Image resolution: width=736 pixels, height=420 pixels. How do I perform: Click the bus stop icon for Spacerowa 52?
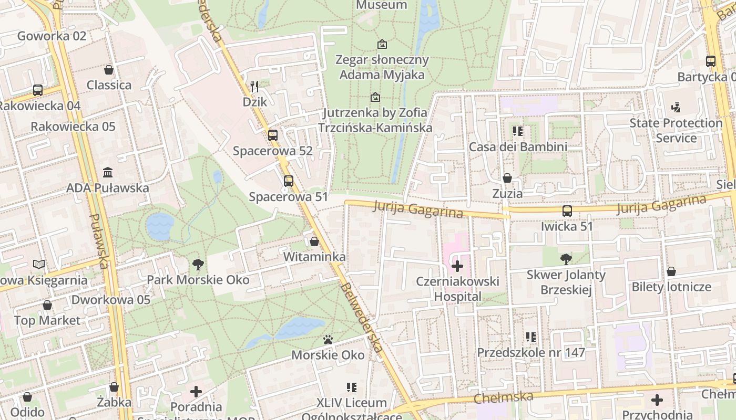pyautogui.click(x=272, y=135)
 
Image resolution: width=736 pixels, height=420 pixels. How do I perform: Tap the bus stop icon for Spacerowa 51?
pyautogui.click(x=288, y=181)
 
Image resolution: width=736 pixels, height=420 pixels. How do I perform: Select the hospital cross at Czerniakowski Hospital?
pyautogui.click(x=457, y=266)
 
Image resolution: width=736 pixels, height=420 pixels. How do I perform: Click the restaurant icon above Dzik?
pyautogui.click(x=254, y=86)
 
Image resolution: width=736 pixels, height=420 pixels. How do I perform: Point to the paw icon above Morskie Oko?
pyautogui.click(x=328, y=340)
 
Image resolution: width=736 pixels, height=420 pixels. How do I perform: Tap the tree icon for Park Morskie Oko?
pyautogui.click(x=198, y=264)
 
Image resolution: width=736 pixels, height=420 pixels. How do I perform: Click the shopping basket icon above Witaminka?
pyautogui.click(x=314, y=241)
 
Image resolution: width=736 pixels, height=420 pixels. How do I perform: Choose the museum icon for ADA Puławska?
pyautogui.click(x=108, y=172)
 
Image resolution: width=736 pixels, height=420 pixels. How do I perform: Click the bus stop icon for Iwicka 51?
pyautogui.click(x=567, y=211)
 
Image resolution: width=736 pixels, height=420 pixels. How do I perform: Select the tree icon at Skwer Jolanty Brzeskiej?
pyautogui.click(x=566, y=259)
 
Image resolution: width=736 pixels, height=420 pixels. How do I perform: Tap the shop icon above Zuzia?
pyautogui.click(x=507, y=178)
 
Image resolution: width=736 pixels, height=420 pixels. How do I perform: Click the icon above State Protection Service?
pyautogui.click(x=676, y=108)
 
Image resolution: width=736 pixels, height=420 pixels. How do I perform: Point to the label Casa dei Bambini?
pyautogui.click(x=518, y=147)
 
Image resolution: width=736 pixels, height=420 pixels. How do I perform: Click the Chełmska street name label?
pyautogui.click(x=503, y=397)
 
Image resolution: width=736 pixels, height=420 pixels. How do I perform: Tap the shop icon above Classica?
pyautogui.click(x=109, y=70)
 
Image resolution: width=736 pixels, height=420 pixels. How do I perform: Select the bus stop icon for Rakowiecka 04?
pyautogui.click(x=38, y=90)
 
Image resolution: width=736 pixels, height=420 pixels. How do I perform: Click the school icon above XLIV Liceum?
pyautogui.click(x=352, y=387)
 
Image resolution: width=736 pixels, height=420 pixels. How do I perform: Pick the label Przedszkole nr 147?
pyautogui.click(x=531, y=352)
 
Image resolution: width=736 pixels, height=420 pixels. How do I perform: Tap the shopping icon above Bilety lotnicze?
pyautogui.click(x=671, y=271)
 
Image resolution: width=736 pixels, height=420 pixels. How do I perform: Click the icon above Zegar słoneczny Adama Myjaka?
pyautogui.click(x=382, y=44)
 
